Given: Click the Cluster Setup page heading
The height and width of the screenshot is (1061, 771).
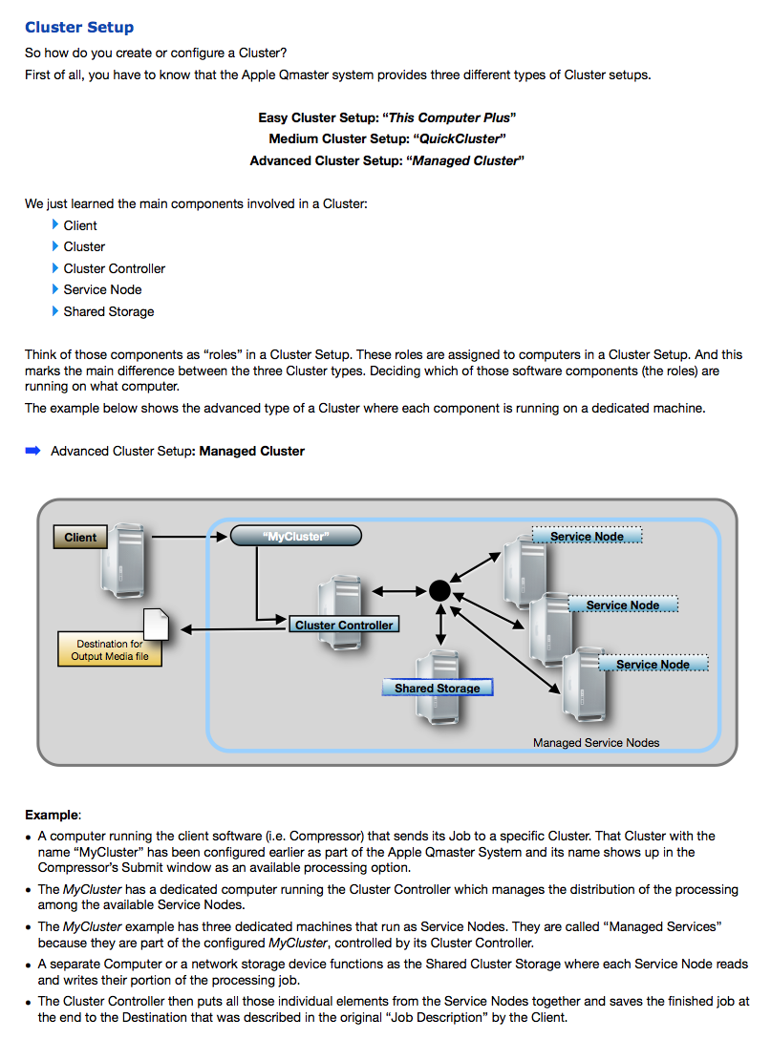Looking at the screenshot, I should [79, 28].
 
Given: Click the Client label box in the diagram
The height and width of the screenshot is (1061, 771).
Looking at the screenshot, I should [80, 538].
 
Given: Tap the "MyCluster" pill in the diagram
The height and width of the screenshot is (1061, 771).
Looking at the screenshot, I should [296, 537].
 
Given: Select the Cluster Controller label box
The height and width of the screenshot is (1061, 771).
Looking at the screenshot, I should [344, 626].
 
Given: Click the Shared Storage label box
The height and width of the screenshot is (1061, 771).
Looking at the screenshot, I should [438, 688].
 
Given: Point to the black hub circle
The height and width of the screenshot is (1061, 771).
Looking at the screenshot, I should [439, 590].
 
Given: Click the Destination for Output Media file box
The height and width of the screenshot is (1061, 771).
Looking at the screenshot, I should [109, 649].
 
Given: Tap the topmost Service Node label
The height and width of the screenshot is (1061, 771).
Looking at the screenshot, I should [587, 537].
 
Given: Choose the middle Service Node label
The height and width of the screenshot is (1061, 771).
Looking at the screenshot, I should [623, 605].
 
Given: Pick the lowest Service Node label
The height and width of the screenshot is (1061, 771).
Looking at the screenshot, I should [653, 665].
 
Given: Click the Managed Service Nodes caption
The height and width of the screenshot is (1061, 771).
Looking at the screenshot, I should [596, 743].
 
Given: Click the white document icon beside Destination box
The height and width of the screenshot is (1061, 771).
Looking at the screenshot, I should [157, 625].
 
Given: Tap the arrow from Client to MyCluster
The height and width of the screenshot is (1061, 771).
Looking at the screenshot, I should [189, 537].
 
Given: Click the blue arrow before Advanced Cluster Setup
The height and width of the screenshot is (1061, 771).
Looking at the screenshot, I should [32, 451].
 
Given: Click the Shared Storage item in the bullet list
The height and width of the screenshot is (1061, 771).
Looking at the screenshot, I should [109, 312].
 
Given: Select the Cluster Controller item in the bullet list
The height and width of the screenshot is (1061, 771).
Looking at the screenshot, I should [115, 269].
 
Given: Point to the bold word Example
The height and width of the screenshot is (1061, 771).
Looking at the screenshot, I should [52, 816].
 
